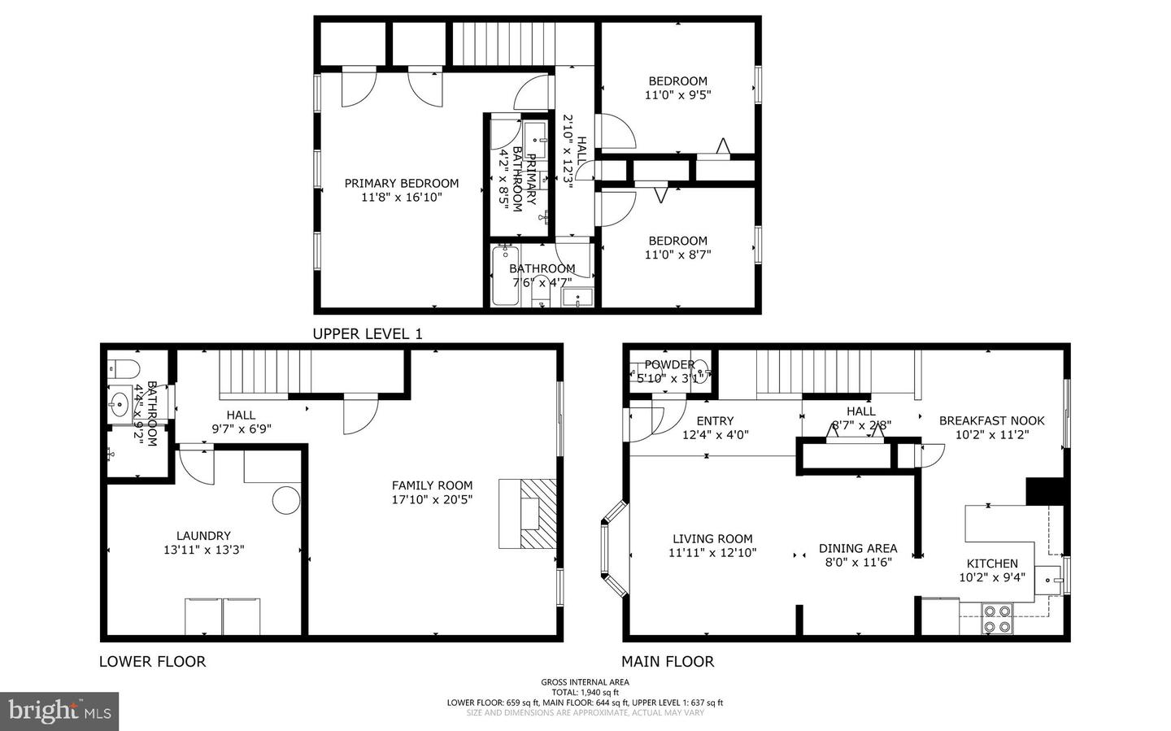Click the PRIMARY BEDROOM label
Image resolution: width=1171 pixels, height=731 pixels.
click(x=401, y=184)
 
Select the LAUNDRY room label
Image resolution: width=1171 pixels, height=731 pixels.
click(x=203, y=536)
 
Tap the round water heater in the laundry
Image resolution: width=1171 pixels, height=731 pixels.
click(x=286, y=499)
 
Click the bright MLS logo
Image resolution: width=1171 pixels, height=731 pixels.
click(x=59, y=711)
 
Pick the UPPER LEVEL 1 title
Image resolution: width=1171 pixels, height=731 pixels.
click(x=368, y=333)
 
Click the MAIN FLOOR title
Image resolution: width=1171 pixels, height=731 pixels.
click(x=668, y=662)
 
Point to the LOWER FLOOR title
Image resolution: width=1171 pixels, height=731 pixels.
click(x=152, y=662)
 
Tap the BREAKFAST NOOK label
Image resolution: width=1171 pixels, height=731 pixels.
click(x=991, y=420)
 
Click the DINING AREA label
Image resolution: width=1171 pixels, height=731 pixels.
click(x=857, y=548)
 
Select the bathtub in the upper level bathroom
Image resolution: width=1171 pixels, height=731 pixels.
click(x=505, y=276)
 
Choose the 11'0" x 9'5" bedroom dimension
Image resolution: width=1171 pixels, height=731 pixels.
click(x=677, y=94)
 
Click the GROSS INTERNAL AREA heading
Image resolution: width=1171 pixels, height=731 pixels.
click(x=585, y=682)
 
